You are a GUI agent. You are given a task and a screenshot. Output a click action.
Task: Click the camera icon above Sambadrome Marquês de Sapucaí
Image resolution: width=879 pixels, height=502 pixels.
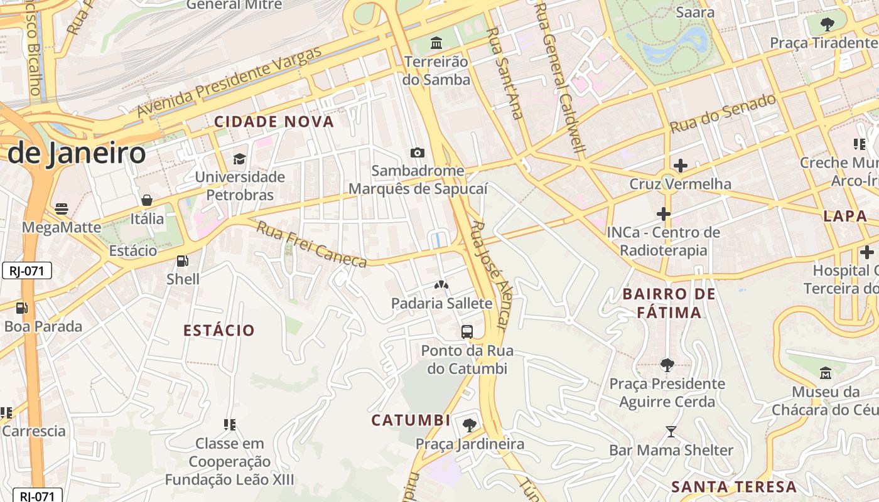(417, 152)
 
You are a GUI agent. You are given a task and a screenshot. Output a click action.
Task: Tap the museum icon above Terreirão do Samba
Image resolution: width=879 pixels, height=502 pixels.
(436, 43)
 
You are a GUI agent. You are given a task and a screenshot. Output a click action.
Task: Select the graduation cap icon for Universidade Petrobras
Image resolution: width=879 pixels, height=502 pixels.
(239, 158)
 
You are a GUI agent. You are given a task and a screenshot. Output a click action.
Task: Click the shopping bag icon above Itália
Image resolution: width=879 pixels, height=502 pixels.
(147, 200)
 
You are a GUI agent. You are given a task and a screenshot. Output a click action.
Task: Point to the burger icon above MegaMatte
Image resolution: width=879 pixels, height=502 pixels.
(62, 208)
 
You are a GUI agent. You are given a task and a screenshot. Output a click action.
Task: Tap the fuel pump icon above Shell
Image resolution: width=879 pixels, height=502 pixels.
(183, 260)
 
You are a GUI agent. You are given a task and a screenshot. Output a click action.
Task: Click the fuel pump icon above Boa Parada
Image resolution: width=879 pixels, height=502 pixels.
(22, 308)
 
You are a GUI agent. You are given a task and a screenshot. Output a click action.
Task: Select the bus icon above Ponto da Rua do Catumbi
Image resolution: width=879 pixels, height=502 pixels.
(467, 332)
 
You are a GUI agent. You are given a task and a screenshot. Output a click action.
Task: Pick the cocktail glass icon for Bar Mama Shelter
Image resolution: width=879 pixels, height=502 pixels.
(671, 432)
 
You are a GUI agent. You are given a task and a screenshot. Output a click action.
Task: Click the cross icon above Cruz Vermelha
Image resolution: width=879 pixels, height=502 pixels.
(681, 166)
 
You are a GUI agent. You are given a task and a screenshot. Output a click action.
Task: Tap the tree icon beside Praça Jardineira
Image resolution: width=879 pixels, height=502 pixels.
(469, 425)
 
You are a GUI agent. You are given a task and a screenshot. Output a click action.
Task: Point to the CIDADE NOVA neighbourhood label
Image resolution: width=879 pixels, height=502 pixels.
(274, 122)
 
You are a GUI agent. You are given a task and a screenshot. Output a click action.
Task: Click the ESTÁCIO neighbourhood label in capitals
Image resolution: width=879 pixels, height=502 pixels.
(219, 330)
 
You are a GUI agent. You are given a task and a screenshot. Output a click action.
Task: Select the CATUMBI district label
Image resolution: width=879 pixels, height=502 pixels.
(411, 420)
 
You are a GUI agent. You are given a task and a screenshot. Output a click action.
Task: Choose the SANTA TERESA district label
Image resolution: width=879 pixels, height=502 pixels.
(734, 486)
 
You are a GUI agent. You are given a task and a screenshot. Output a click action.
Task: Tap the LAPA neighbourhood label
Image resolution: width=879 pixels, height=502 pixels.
(845, 216)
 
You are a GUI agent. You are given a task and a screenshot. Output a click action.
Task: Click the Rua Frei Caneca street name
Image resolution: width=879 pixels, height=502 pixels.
(311, 243)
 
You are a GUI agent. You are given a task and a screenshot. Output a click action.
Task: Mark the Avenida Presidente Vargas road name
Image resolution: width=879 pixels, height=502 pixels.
(230, 82)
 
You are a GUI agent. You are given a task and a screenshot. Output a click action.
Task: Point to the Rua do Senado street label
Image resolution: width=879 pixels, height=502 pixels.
(723, 114)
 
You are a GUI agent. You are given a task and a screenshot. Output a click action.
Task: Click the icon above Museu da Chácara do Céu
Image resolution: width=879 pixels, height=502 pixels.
(826, 373)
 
